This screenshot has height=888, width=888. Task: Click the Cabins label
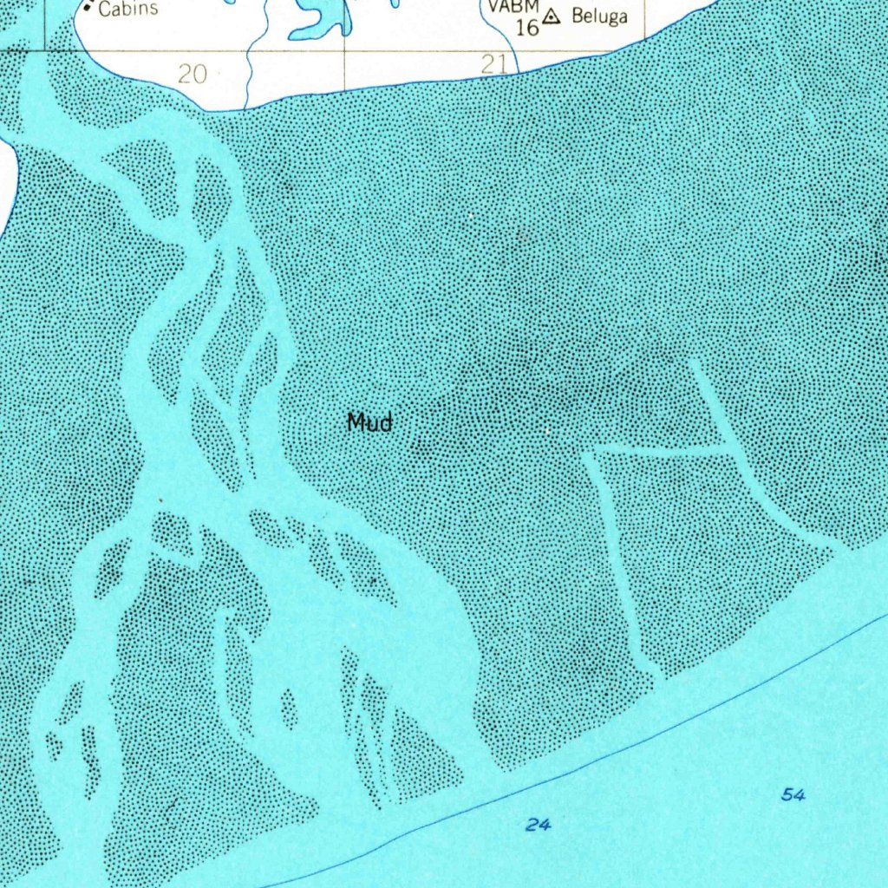click(128, 10)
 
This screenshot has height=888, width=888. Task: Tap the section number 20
click(193, 74)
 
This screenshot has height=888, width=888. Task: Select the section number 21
click(493, 62)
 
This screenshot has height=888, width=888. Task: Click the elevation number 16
click(526, 26)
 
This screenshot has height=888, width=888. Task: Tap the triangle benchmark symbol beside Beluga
click(552, 16)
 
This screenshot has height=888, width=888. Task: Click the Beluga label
click(598, 16)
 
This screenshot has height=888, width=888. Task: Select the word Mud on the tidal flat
click(369, 422)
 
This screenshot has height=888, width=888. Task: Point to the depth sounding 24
click(538, 825)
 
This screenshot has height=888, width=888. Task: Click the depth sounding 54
click(792, 794)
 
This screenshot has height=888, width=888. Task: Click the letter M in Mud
click(356, 422)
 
